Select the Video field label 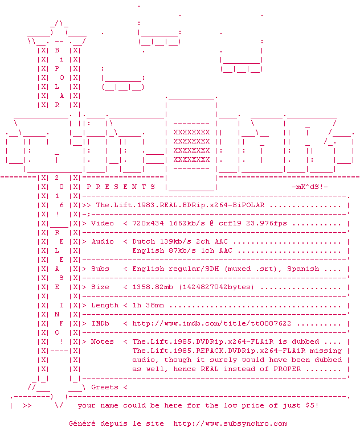click(103, 223)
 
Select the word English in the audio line click(148, 250)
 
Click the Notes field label click(103, 341)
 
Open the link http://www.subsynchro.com click(230, 423)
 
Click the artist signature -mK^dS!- click(310, 187)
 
